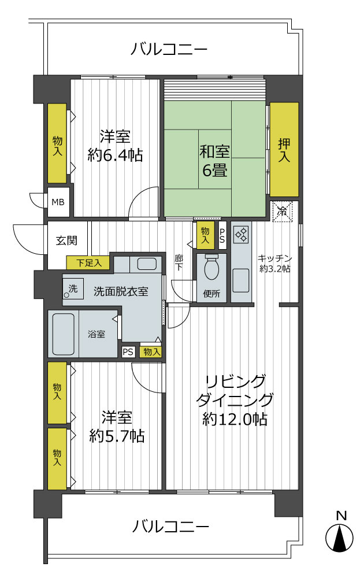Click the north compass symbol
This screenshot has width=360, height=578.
coord(339,538)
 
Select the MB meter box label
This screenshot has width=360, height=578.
coord(58,202)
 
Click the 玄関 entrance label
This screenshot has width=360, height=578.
coord(66,240)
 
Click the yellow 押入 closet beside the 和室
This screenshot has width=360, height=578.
coord(284,149)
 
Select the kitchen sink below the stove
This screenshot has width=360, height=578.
coord(240,280)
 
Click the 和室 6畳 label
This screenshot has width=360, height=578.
coord(214,161)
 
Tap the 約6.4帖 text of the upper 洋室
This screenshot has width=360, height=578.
coord(115,155)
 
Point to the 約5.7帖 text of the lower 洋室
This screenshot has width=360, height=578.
coord(117,435)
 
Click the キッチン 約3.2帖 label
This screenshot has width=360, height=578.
coord(274,264)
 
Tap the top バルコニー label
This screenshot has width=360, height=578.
coord(168,49)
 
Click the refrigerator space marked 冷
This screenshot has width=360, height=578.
coord(284,211)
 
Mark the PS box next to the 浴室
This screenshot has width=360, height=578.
coord(128,351)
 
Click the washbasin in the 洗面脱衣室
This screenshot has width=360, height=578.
coord(146,264)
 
